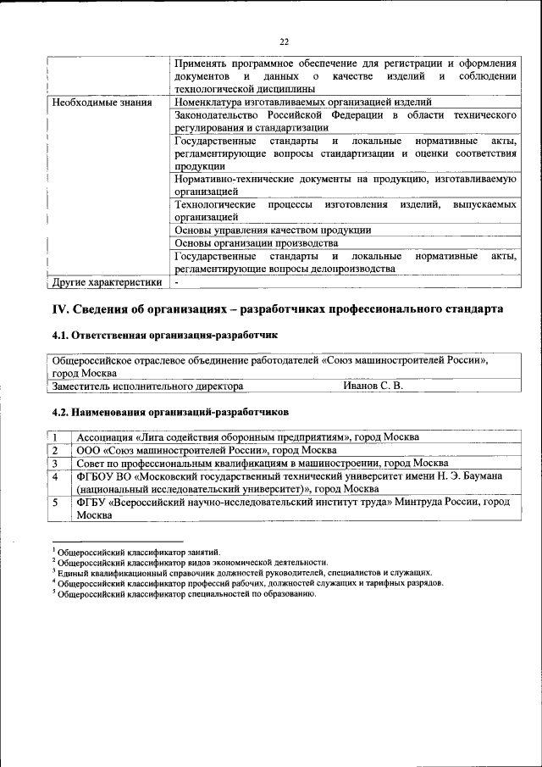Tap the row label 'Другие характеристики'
(x=106, y=282)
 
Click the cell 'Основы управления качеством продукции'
(x=272, y=229)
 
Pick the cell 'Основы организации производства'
(x=256, y=242)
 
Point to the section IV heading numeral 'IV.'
(x=63, y=309)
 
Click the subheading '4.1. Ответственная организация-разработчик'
(x=164, y=336)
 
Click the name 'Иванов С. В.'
(x=373, y=386)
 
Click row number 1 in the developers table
(x=56, y=437)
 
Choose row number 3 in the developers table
(x=56, y=464)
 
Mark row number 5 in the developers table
(x=56, y=503)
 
